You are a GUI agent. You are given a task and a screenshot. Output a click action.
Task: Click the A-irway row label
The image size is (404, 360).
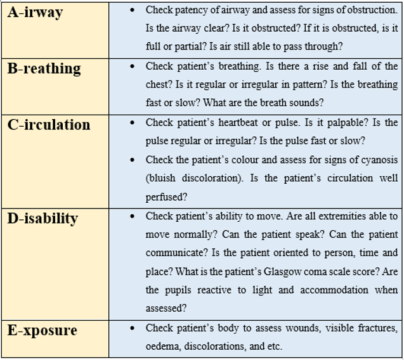click(x=35, y=12)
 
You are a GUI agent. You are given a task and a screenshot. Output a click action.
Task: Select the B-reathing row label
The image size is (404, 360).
click(x=44, y=68)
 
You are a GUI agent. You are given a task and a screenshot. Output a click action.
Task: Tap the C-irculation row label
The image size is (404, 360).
click(x=49, y=124)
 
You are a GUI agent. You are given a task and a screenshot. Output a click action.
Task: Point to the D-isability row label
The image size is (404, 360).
click(x=42, y=218)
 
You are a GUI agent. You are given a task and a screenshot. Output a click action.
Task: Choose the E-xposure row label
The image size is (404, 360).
click(x=42, y=330)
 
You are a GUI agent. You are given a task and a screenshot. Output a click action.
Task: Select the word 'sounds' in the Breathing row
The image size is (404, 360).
click(x=307, y=103)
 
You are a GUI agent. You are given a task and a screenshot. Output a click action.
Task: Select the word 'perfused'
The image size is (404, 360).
click(x=164, y=197)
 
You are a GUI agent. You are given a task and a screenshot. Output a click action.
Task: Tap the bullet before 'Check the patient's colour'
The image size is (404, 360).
click(x=131, y=160)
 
